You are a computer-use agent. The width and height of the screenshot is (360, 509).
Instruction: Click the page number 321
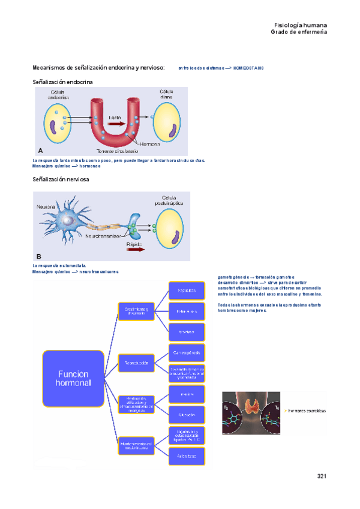pyautogui.click(x=321, y=476)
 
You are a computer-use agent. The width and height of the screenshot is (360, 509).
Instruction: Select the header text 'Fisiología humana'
pyautogui.click(x=301, y=25)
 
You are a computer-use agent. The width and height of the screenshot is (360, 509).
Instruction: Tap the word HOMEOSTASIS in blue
pyautogui.click(x=248, y=68)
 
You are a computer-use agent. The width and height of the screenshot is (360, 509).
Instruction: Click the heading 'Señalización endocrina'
pyautogui.click(x=62, y=81)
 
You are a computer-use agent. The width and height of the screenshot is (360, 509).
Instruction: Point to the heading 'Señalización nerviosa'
pyautogui.click(x=61, y=180)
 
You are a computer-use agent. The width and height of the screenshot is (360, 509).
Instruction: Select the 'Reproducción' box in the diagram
pyautogui.click(x=136, y=363)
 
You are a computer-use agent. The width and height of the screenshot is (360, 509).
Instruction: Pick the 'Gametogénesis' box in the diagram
pyautogui.click(x=188, y=350)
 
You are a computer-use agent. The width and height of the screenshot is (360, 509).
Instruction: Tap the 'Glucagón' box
pyautogui.click(x=188, y=414)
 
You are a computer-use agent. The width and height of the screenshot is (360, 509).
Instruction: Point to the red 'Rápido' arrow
pyautogui.click(x=135, y=251)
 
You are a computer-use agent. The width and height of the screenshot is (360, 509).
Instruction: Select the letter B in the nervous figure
pyautogui.click(x=39, y=256)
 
